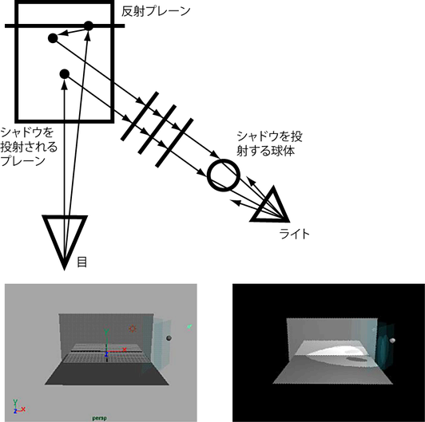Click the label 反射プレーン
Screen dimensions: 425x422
tap(156, 11)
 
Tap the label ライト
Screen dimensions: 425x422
tap(294, 235)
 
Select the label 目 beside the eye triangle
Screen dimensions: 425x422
tap(82, 262)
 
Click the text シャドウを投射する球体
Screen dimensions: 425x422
tap(269, 144)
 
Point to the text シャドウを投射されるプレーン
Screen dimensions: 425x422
tap(29, 147)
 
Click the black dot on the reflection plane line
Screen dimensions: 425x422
tap(89, 26)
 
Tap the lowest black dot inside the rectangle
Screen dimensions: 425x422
tap(65, 74)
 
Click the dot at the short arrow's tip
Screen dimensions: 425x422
tap(53, 38)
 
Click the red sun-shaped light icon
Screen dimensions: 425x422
tap(133, 329)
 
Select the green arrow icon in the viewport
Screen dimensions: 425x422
tap(189, 327)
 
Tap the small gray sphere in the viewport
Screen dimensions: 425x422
tap(169, 338)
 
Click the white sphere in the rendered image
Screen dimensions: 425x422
tap(392, 341)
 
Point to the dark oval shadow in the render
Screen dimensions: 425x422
tap(357, 360)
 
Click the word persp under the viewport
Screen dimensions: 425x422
tap(100, 418)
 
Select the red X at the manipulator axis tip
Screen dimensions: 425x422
tap(125, 349)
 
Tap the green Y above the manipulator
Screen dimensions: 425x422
tap(106, 332)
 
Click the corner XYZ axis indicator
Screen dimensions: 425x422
tap(19, 407)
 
